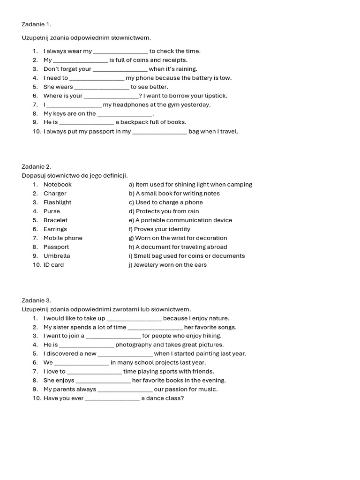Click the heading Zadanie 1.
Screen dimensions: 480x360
[x=37, y=24]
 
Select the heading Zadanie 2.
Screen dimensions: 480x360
[x=37, y=166]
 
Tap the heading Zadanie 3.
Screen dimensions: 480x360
[x=37, y=300]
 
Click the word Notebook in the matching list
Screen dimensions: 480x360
[x=58, y=185]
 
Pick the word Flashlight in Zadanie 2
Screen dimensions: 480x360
[x=58, y=202]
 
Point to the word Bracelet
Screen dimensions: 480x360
[x=55, y=220]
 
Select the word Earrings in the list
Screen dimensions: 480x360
[x=55, y=229]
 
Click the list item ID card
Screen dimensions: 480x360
[x=53, y=265]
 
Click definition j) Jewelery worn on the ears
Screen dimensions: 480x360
[x=167, y=265]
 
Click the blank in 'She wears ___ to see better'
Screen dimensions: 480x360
[x=102, y=87]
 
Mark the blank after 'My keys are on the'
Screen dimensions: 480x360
[x=125, y=114]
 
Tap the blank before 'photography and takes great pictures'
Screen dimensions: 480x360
[x=87, y=345]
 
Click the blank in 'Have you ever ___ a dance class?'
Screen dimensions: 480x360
[x=112, y=398]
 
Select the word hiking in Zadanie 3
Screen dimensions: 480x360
[x=212, y=336]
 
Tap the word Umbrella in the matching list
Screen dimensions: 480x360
[x=57, y=256]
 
